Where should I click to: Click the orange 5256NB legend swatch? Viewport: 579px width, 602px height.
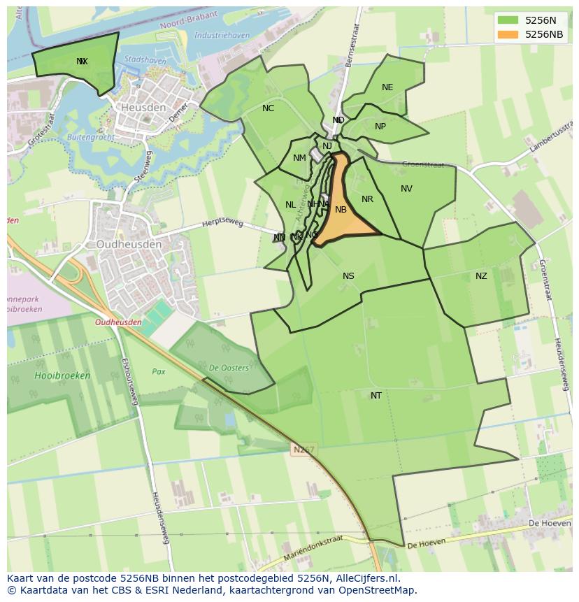508,34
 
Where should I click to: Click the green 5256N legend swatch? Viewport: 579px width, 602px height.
508,20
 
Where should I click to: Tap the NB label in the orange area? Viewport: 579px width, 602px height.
341,210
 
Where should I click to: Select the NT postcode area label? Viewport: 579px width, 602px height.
376,396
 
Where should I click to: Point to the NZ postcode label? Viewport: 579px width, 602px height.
481,276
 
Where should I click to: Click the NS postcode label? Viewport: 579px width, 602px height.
348,276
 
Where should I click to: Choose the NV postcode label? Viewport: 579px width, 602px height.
406,189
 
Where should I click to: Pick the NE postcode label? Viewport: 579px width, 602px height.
387,87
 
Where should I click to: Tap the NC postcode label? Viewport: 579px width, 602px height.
268,108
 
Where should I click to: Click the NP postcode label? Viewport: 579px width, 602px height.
380,127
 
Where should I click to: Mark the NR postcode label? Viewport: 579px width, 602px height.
367,199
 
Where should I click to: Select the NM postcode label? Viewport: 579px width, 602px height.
299,158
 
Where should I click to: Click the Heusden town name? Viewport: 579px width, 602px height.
143,108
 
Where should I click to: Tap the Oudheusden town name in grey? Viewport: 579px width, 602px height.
129,245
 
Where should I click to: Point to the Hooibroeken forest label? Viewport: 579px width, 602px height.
62,375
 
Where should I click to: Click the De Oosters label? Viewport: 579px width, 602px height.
229,368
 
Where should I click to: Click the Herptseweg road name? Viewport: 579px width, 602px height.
222,223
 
